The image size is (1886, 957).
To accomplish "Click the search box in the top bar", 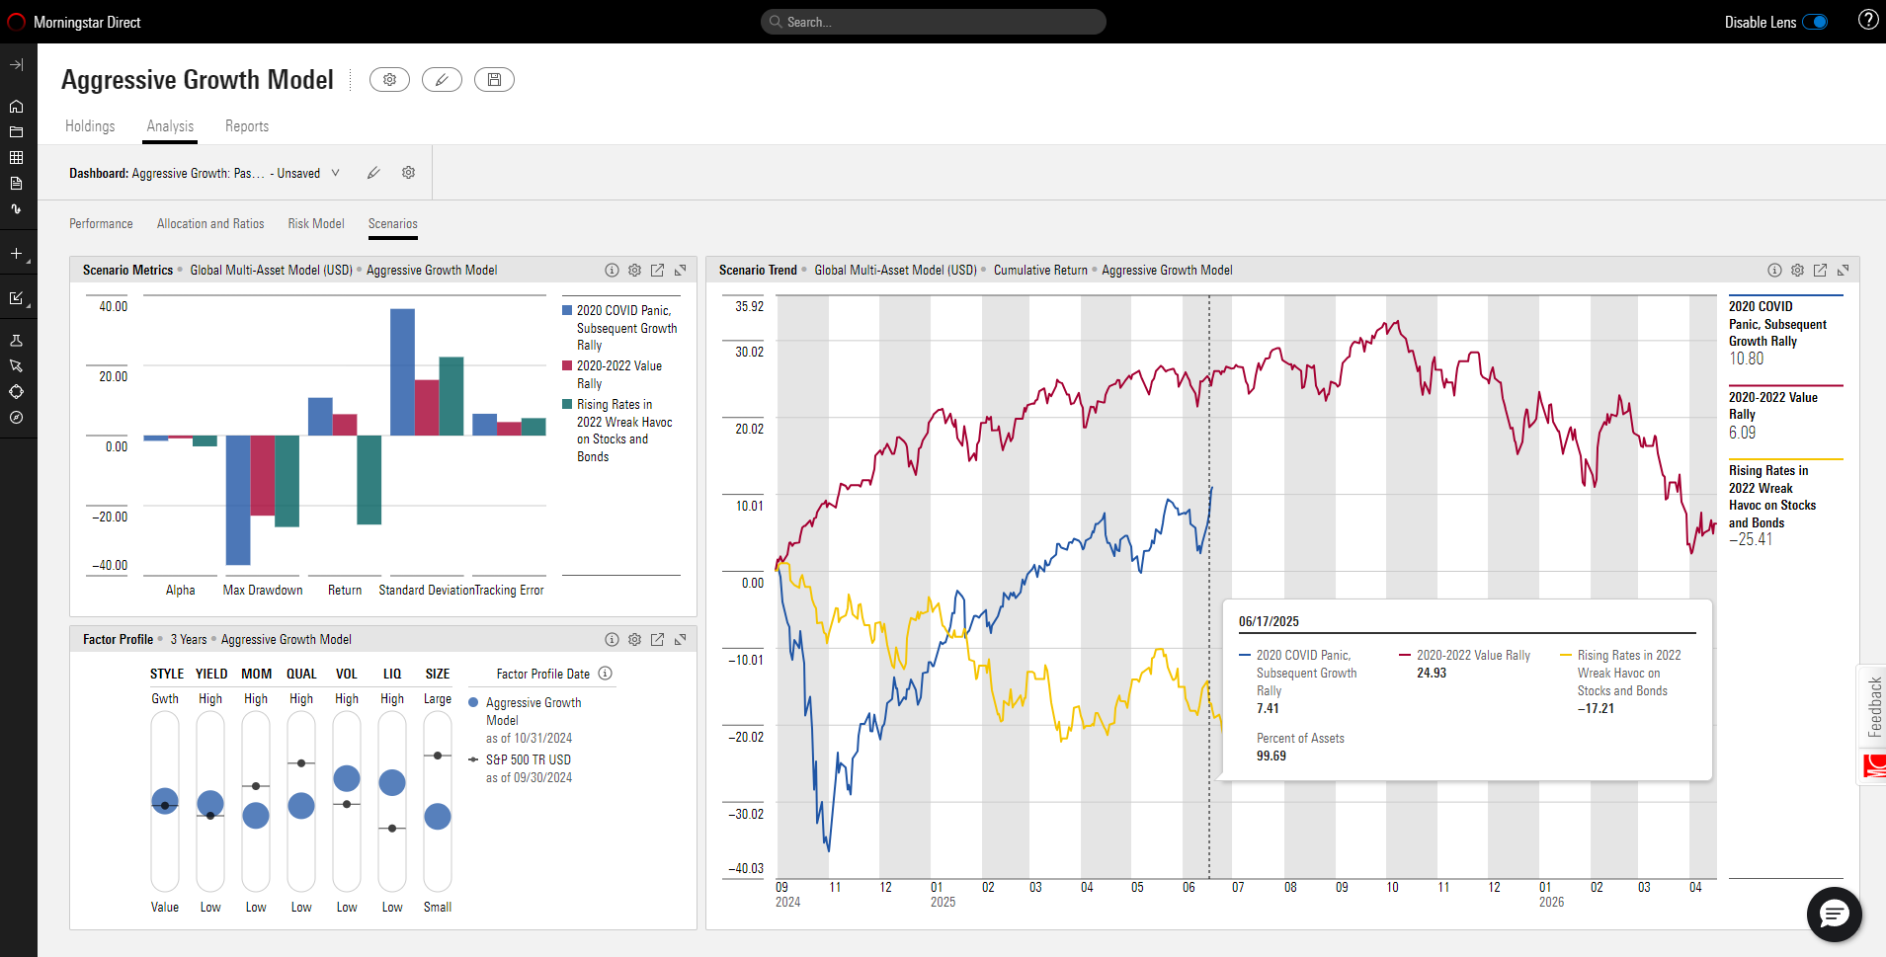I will click(933, 22).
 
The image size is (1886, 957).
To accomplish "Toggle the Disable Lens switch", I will click(1815, 22).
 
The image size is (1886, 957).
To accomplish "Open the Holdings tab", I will click(90, 126).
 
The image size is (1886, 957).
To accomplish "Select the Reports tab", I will click(247, 126).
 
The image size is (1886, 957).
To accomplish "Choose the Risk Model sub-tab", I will click(316, 224).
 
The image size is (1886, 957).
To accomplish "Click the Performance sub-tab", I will click(101, 224).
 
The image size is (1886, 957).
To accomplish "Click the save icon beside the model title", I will click(494, 80).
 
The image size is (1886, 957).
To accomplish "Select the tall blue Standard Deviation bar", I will click(402, 371).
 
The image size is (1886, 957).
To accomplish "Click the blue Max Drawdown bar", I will click(238, 499).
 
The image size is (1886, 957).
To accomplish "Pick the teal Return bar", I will click(369, 479).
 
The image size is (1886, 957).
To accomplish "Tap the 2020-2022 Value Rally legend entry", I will click(619, 374).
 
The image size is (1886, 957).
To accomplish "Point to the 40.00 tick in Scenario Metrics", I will click(114, 307).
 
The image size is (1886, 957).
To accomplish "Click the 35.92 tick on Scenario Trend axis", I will click(750, 307).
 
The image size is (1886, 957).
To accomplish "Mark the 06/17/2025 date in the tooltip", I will click(1269, 621).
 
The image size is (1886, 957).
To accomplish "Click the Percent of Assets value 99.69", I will click(1271, 757).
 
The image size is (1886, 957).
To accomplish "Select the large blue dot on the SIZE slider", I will click(438, 816).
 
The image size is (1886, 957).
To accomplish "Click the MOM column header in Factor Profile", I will click(256, 675).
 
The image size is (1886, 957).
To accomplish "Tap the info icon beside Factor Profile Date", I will click(606, 674).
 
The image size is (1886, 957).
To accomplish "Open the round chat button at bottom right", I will click(1834, 915).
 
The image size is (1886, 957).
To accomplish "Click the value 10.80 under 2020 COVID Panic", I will click(1746, 359).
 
